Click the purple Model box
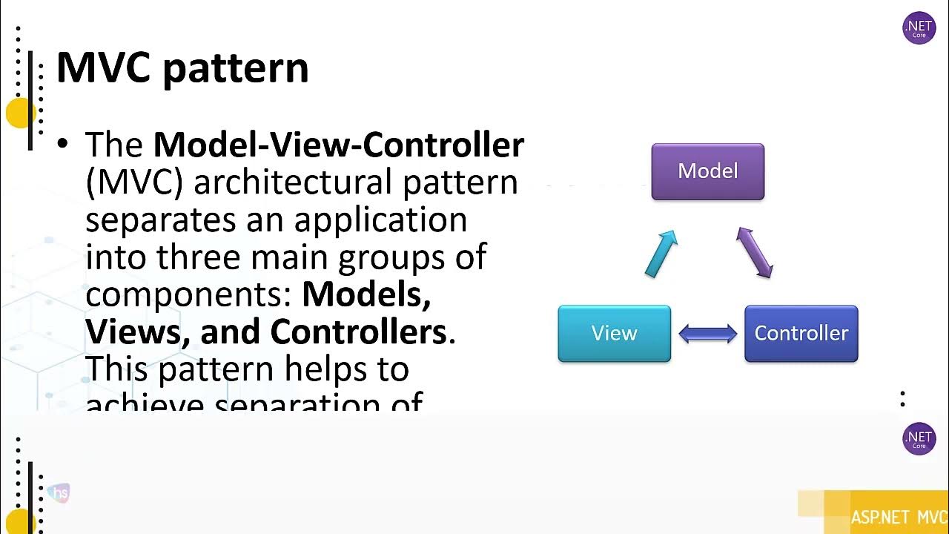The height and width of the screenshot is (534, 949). point(707,171)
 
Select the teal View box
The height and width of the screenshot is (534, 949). point(614,333)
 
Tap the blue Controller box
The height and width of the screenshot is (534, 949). point(801,333)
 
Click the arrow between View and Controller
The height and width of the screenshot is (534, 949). point(708,334)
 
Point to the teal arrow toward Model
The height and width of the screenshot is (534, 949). point(661,254)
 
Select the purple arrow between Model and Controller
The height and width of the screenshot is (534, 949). point(755,253)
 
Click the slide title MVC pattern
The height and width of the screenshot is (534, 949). point(182,68)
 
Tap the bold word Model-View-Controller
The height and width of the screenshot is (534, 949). point(338,145)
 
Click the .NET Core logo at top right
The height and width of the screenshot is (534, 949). point(919,28)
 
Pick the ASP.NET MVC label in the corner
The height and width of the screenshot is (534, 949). point(899,517)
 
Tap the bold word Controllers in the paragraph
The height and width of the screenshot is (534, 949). point(357,332)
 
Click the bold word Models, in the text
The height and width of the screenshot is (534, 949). point(366,294)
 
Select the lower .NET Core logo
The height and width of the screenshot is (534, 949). point(919,439)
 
